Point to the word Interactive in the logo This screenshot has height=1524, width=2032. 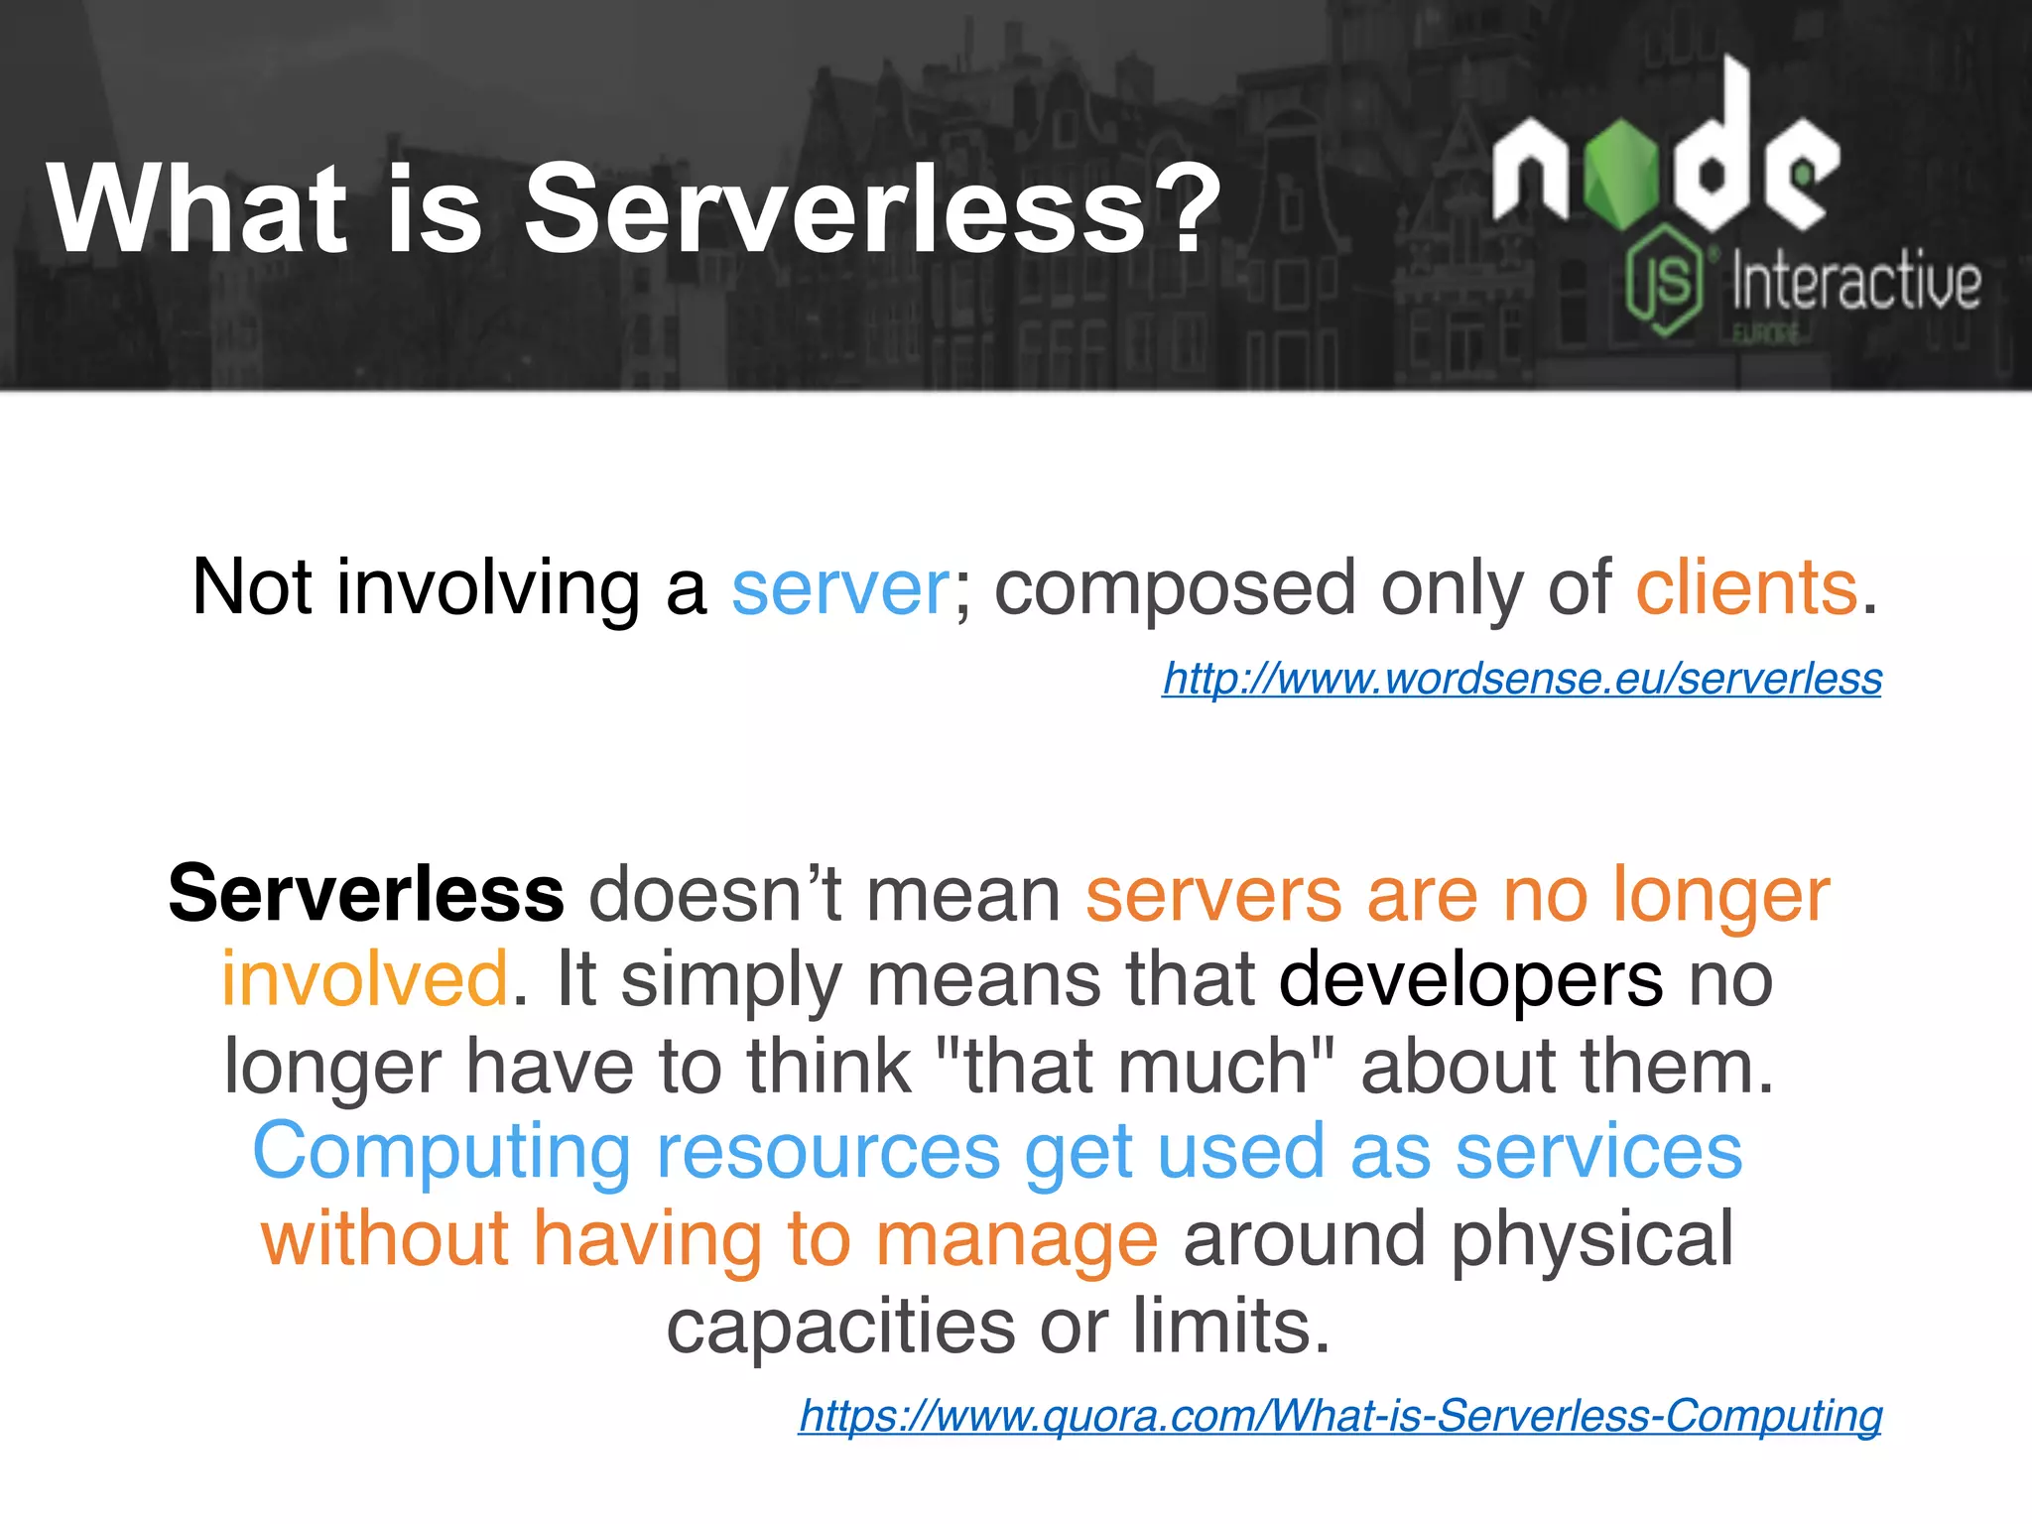1855,284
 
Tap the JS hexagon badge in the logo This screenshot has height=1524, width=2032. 1666,280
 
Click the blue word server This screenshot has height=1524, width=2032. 840,587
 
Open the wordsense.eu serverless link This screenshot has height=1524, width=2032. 1522,679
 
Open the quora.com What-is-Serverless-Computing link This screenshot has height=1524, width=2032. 1340,1415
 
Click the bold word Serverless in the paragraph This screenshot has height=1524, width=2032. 366,894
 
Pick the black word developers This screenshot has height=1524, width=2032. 1470,979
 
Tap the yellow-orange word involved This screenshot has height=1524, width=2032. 365,979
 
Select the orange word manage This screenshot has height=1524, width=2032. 1016,1239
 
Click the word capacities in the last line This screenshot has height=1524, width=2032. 840,1327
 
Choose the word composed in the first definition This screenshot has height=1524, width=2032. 1175,587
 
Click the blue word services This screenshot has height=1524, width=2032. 1598,1152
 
